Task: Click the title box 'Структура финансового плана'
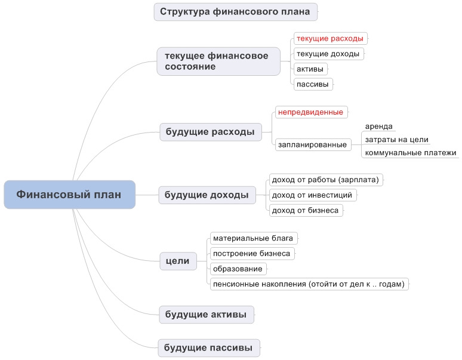pos(235,12)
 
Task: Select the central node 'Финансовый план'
pos(69,195)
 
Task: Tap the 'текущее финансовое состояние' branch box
pos(218,61)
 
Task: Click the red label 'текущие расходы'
pos(331,39)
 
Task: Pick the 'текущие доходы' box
pos(329,54)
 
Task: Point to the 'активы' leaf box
pos(310,69)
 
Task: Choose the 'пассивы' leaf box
pos(313,84)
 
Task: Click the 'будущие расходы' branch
pos(210,132)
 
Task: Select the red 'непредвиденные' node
pos(312,112)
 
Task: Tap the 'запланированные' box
pos(313,144)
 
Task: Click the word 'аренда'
pos(378,127)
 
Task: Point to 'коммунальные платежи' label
pos(411,153)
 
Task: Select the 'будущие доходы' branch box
pos(207,195)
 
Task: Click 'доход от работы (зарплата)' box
pos(326,180)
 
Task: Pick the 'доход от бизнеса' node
pos(306,210)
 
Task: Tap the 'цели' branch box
pos(178,261)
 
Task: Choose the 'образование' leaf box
pos(238,269)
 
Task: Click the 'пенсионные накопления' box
pos(309,284)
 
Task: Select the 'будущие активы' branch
pos(207,315)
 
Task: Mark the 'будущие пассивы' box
pos(209,348)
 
